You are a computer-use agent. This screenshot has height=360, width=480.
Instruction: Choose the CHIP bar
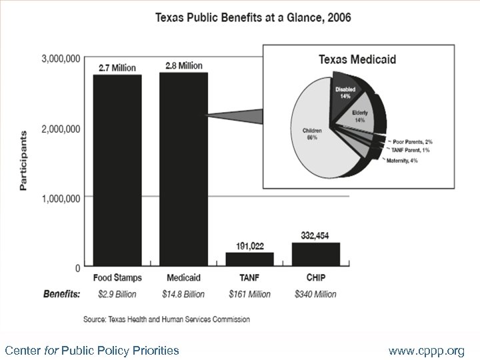[x=316, y=254]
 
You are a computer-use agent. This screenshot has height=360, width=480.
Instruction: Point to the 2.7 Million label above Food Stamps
[x=117, y=67]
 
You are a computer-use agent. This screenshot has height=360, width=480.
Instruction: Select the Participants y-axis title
[x=24, y=161]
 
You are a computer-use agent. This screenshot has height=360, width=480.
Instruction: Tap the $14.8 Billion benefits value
[x=184, y=293]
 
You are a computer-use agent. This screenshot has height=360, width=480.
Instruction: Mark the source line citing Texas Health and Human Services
[x=167, y=319]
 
